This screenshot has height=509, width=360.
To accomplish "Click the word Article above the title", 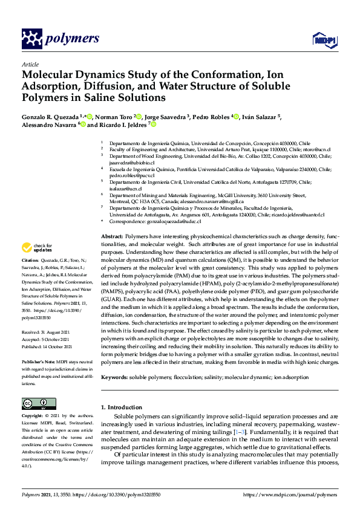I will point(30,64).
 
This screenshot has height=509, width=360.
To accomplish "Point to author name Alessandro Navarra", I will point(49,125).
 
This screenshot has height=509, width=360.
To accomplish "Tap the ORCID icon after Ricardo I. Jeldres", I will point(154,125).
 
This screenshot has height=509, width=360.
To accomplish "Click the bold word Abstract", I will point(111,236).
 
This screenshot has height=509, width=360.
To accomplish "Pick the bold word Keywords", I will point(115,377).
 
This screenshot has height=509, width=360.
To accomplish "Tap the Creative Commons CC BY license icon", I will point(34,403).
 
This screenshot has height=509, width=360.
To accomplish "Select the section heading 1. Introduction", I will point(123,407).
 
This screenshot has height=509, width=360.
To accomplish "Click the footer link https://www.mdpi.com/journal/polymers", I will point(290,495).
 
